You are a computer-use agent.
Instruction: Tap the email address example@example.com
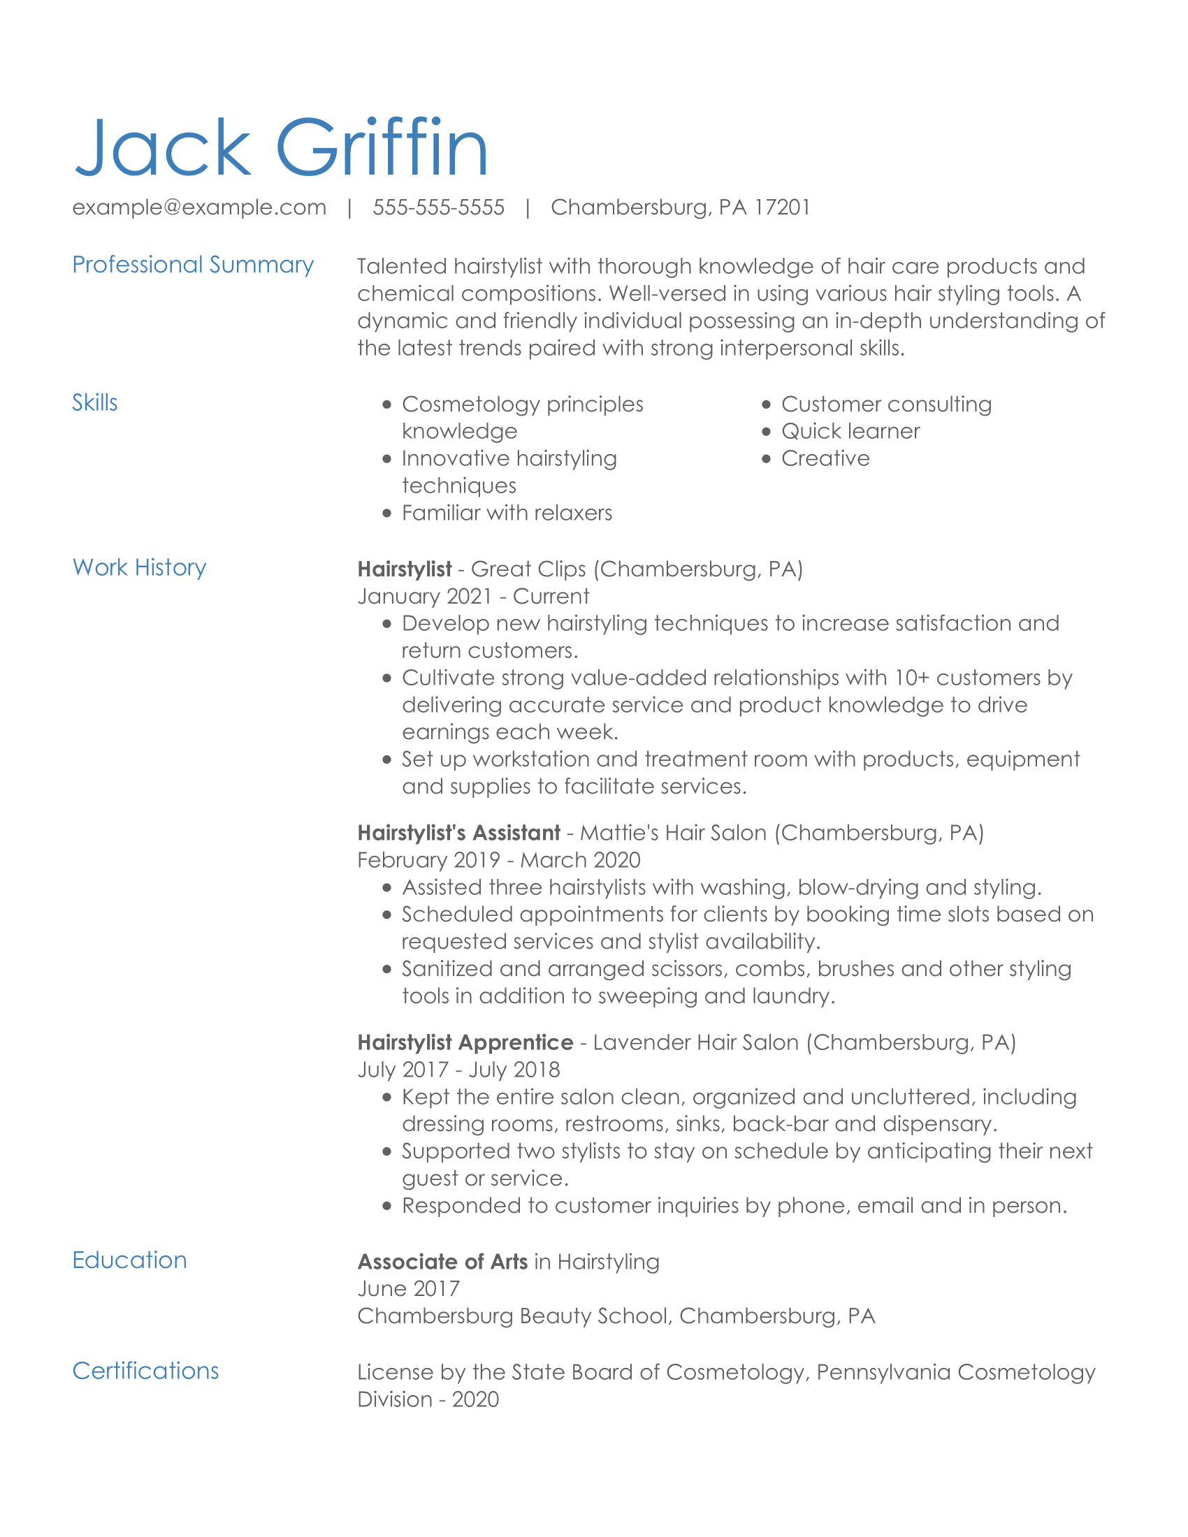(x=199, y=207)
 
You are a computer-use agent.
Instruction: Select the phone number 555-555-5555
(x=437, y=207)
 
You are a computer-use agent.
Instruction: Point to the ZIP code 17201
(x=782, y=207)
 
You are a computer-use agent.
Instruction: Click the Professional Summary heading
(x=193, y=265)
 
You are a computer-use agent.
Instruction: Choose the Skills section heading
(x=94, y=402)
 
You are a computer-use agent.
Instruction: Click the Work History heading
(x=139, y=567)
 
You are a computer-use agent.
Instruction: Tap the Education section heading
(x=129, y=1260)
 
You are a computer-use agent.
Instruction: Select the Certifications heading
(x=145, y=1370)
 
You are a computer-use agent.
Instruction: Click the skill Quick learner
(x=850, y=431)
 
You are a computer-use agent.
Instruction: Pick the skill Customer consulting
(x=886, y=404)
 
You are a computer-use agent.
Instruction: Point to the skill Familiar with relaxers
(x=507, y=513)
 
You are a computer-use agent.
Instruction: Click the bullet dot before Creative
(x=767, y=459)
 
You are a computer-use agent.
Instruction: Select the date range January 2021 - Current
(x=473, y=596)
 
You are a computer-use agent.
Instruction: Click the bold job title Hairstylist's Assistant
(x=458, y=833)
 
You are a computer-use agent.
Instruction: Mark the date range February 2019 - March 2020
(x=498, y=860)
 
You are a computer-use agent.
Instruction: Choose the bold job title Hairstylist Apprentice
(x=465, y=1042)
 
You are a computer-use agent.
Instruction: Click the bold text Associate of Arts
(x=442, y=1261)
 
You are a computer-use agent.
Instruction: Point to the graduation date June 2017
(x=408, y=1288)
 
